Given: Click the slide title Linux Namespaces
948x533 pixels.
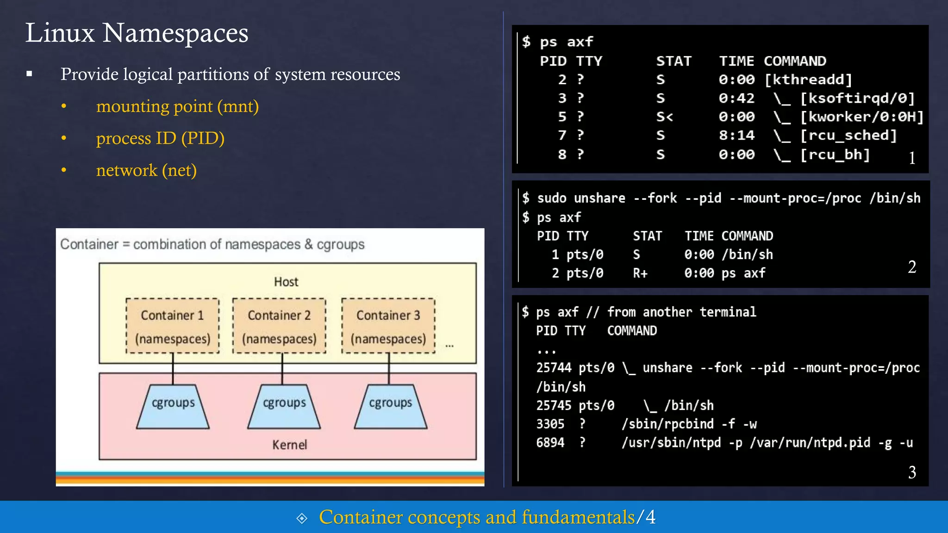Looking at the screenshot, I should (x=137, y=33).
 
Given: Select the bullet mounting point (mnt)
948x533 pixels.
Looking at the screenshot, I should (x=177, y=106).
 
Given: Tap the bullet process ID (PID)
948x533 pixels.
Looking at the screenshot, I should (x=160, y=138).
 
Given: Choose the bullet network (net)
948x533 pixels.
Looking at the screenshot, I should (x=146, y=170).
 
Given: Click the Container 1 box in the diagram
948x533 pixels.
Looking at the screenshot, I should (x=173, y=326).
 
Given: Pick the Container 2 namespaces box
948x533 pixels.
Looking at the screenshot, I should (x=279, y=326).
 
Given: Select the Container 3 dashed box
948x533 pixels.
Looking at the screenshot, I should (x=388, y=326).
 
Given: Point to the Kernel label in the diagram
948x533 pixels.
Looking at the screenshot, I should (x=289, y=445).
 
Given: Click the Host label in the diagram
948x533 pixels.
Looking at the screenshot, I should (x=286, y=282).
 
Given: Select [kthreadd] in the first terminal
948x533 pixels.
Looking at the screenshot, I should (x=808, y=80).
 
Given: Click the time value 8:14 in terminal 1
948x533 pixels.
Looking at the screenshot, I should (x=736, y=135).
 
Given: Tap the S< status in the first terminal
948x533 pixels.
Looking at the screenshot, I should (x=664, y=117).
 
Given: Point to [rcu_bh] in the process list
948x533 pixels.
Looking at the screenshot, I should (x=835, y=155).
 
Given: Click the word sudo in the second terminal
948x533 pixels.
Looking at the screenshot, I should (x=552, y=198).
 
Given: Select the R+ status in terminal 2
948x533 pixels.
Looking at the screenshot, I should (x=640, y=273).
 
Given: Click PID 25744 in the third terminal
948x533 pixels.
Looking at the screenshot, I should (x=554, y=368).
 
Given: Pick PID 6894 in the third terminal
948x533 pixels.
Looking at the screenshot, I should (x=550, y=443).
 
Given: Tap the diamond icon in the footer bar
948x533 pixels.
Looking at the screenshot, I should (x=302, y=518).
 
